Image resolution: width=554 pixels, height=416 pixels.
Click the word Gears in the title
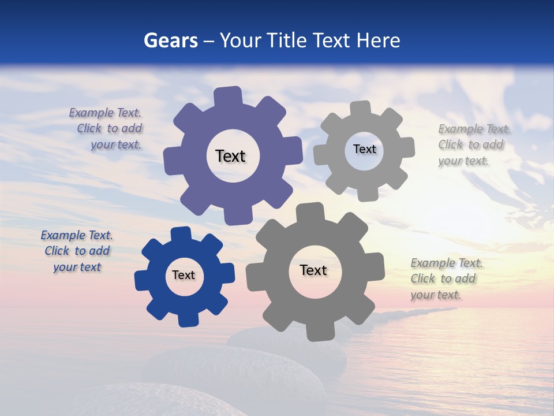pyautogui.click(x=171, y=40)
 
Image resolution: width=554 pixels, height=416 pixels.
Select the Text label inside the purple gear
pyautogui.click(x=230, y=156)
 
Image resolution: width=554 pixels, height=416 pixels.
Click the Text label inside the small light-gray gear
pyautogui.click(x=364, y=149)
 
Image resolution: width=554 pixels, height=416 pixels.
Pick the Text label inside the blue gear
pyautogui.click(x=184, y=275)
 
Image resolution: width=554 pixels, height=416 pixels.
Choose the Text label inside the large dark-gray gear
pyautogui.click(x=313, y=270)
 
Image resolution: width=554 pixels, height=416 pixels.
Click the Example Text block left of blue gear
pyautogui.click(x=77, y=251)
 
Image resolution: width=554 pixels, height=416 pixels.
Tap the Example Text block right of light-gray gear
pyautogui.click(x=474, y=144)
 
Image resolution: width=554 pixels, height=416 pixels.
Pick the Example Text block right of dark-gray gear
pyautogui.click(x=446, y=278)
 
